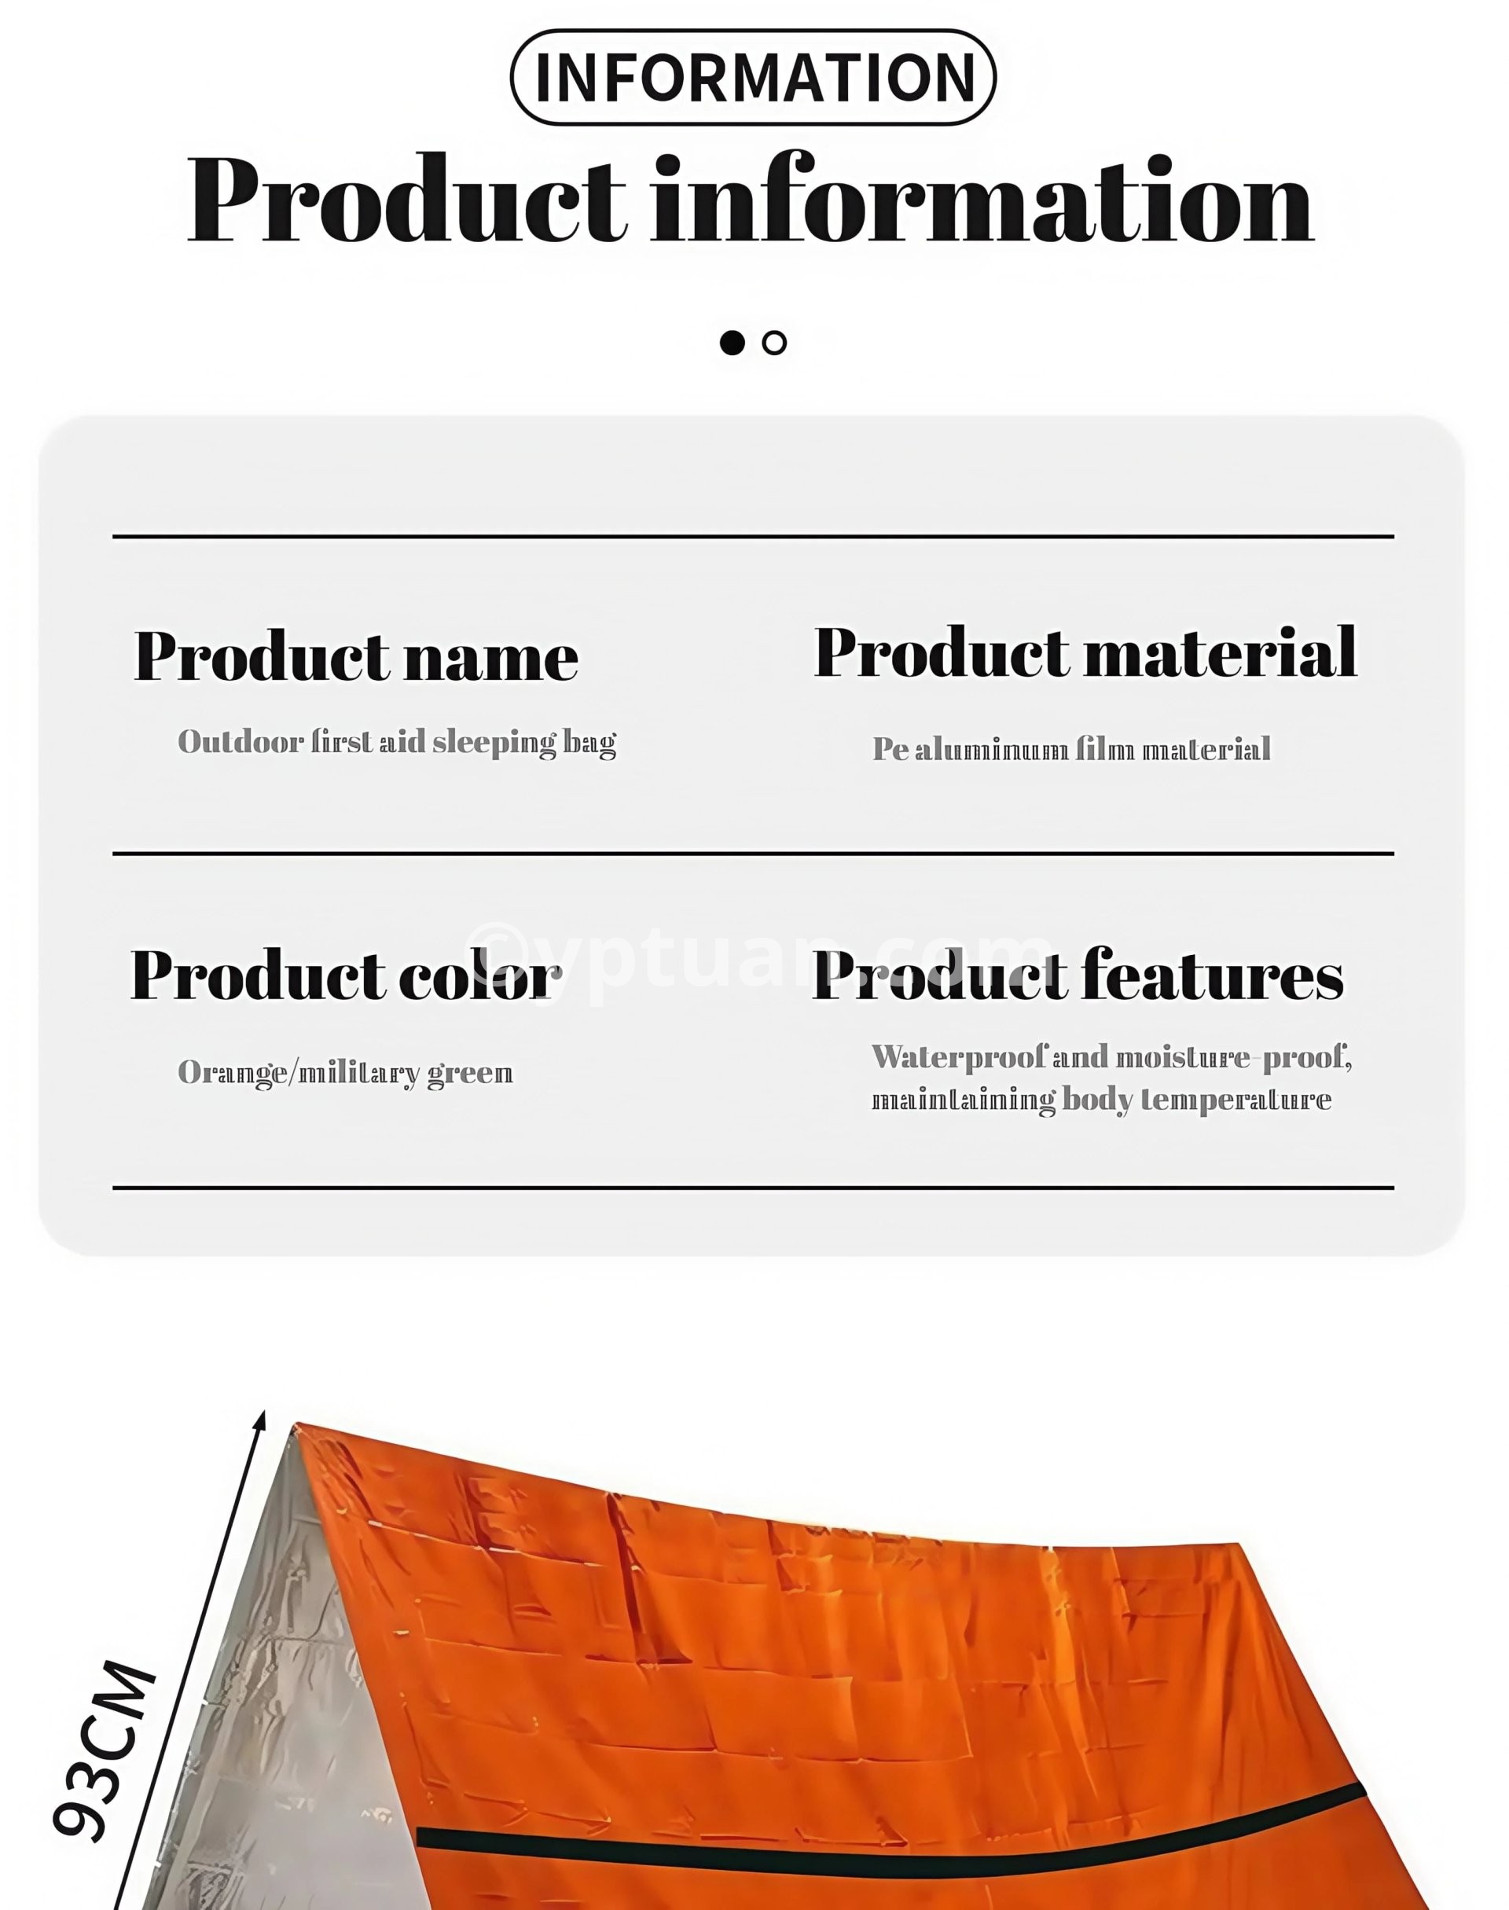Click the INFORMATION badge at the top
click(x=753, y=77)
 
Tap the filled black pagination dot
click(x=732, y=343)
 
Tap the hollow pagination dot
click(x=774, y=343)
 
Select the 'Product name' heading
click(x=356, y=656)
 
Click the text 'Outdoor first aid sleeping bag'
click(x=397, y=742)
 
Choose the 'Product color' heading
click(x=346, y=975)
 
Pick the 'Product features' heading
click(x=1078, y=975)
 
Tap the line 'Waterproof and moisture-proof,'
click(x=1111, y=1057)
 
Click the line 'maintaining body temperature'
click(x=1101, y=1100)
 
